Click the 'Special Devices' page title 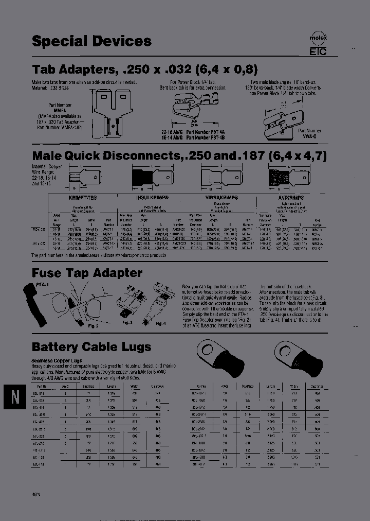pyautogui.click(x=91, y=41)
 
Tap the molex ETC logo pyautogui.click(x=318, y=45)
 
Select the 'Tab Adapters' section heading pyautogui.click(x=144, y=69)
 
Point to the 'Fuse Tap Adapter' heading pyautogui.click(x=87, y=273)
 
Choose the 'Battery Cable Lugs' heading pyautogui.click(x=91, y=346)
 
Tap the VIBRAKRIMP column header pyautogui.click(x=222, y=197)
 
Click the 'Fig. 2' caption pyautogui.click(x=93, y=325)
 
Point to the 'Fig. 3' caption pyautogui.click(x=127, y=322)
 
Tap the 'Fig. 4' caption pyautogui.click(x=160, y=323)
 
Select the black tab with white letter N pyautogui.click(x=15, y=397)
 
